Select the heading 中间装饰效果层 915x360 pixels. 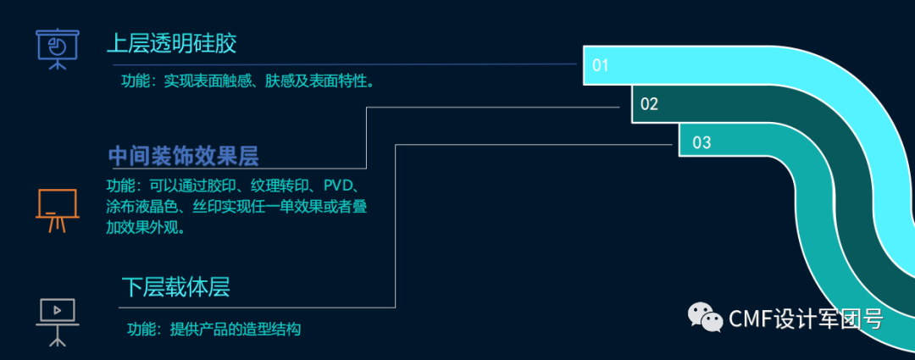(183, 156)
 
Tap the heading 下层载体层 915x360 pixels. (175, 287)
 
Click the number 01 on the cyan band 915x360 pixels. (601, 65)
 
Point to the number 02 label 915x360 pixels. (649, 104)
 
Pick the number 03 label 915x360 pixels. (701, 142)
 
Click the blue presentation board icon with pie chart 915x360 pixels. (58, 47)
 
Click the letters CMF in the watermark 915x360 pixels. (750, 318)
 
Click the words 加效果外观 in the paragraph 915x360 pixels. (145, 227)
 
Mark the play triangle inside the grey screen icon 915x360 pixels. (58, 310)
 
